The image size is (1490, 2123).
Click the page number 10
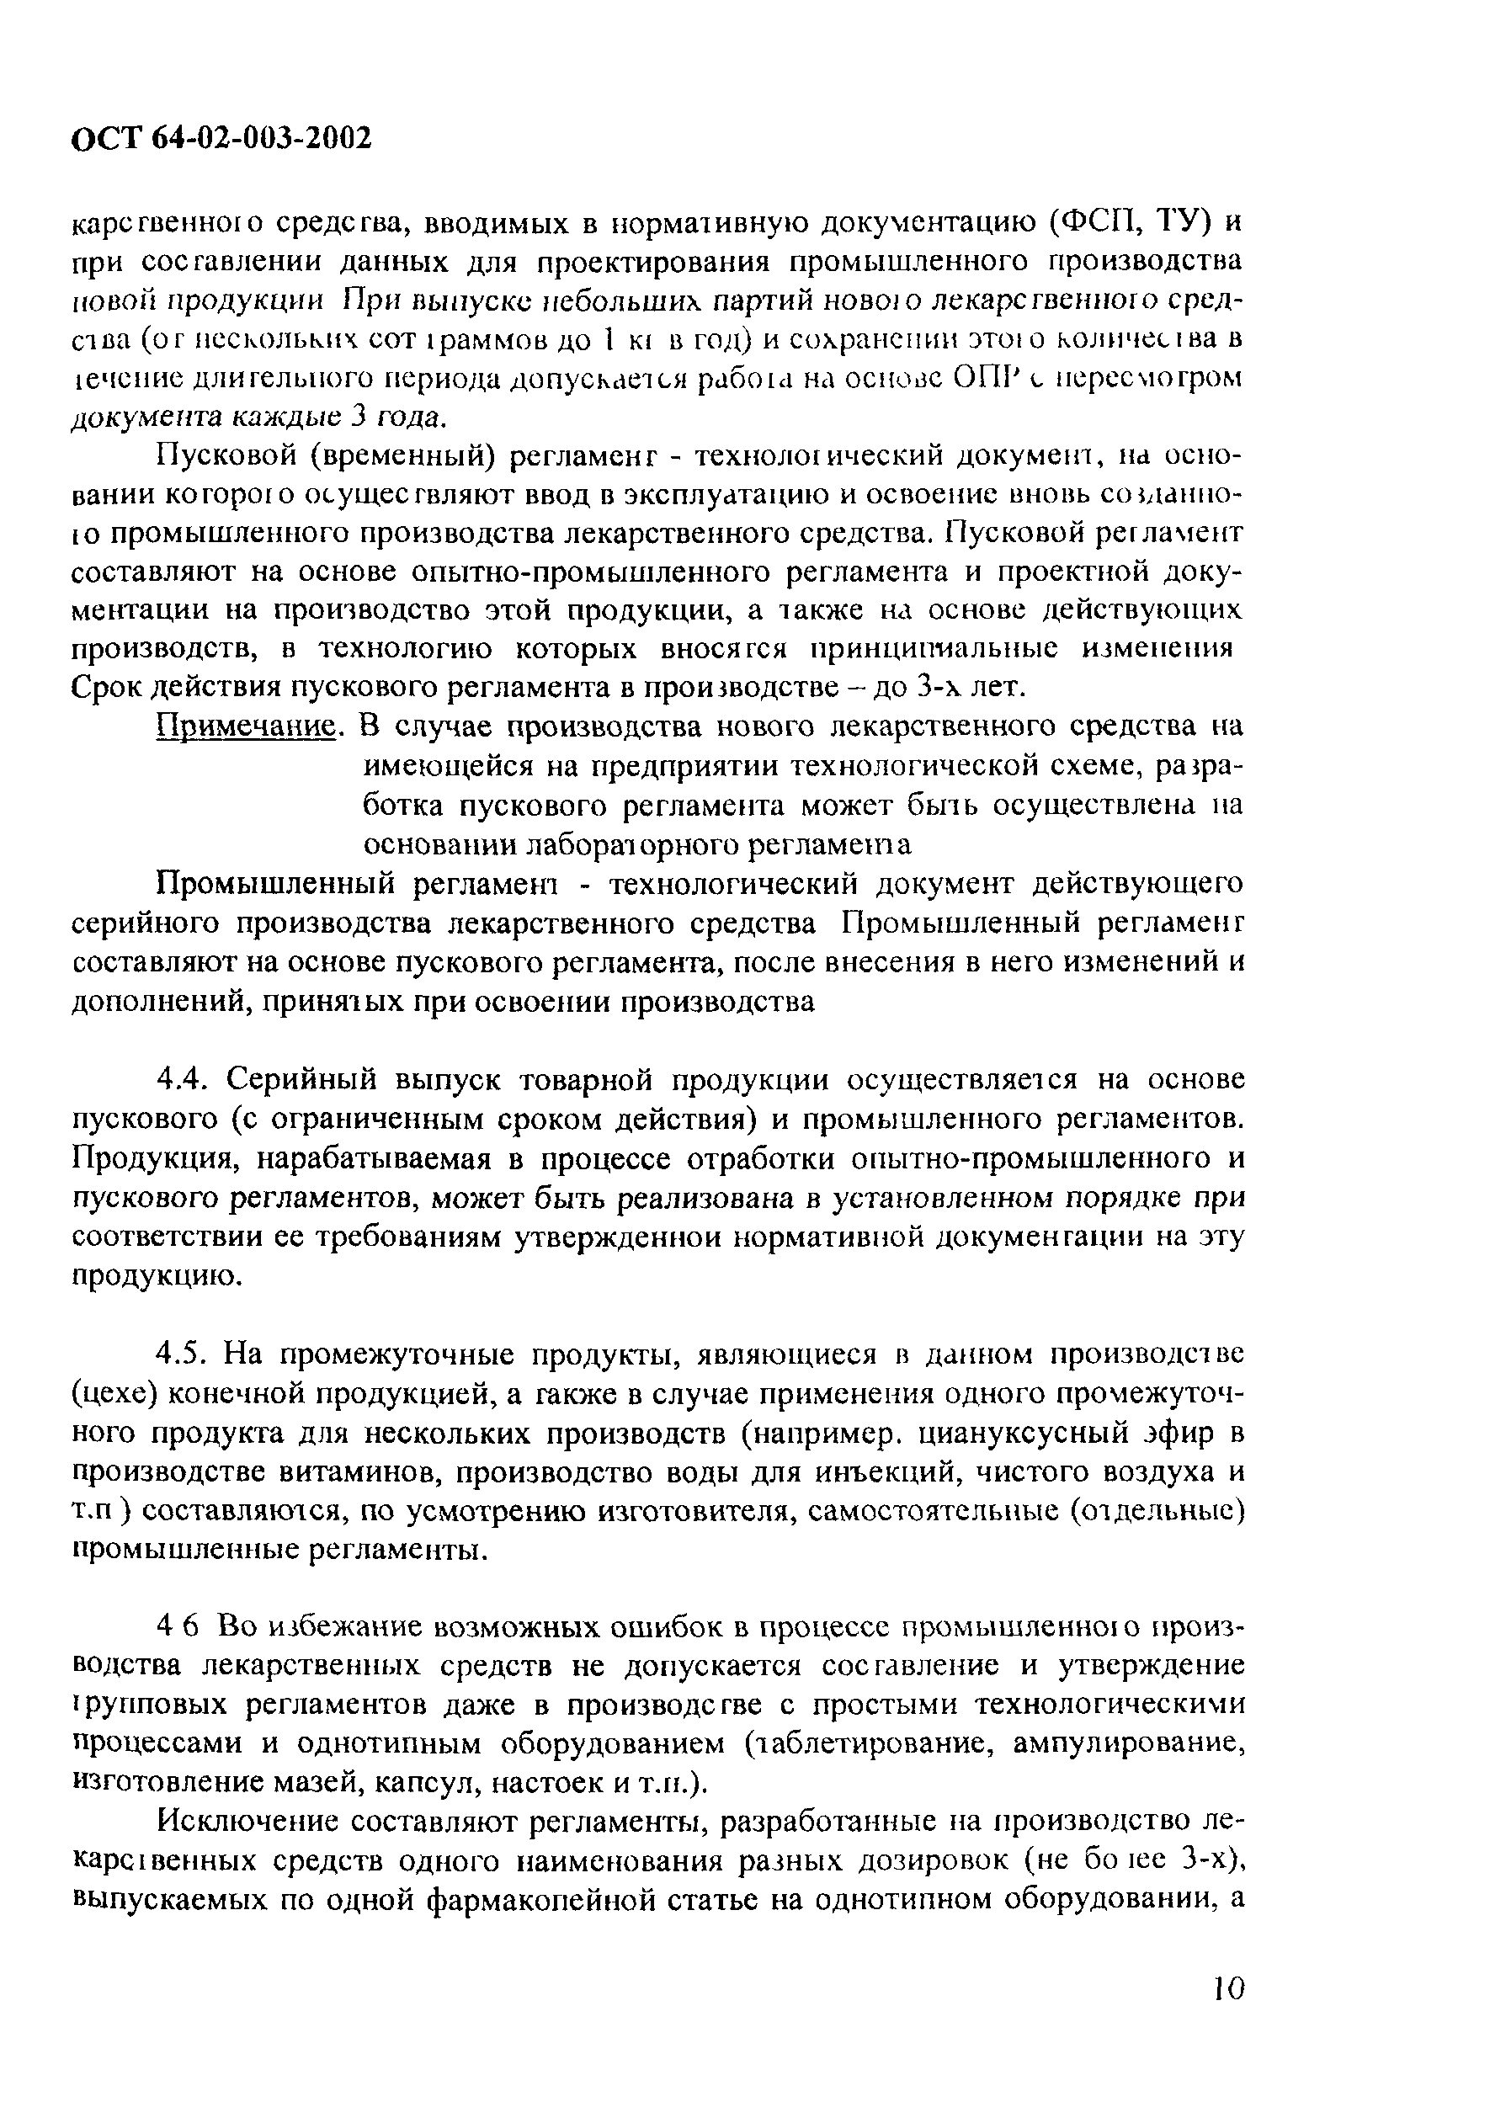pos(1229,1986)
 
